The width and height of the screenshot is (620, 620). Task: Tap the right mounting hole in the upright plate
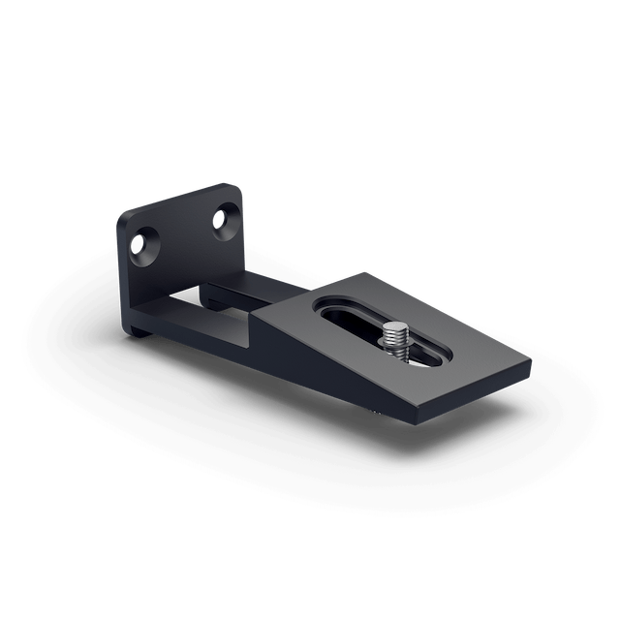(x=224, y=218)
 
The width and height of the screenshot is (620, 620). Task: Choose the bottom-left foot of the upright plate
(x=134, y=327)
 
